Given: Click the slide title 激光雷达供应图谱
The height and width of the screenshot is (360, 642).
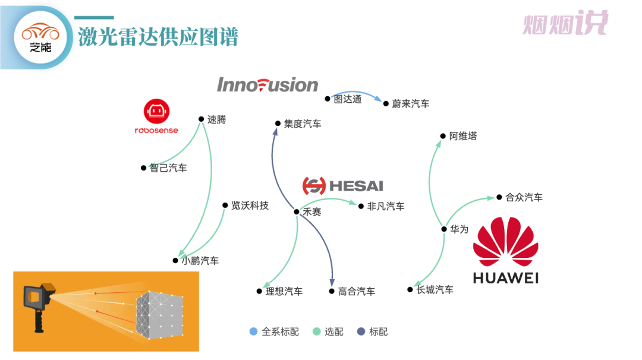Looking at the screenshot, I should [158, 37].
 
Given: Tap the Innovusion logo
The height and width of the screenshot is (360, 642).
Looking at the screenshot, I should [267, 85].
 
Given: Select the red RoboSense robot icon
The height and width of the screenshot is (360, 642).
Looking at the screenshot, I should [157, 111].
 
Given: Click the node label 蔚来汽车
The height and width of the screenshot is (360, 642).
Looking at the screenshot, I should [410, 104].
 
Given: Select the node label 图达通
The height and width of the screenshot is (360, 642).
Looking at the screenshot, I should [347, 99].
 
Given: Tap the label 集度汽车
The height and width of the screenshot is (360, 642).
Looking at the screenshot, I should [302, 124].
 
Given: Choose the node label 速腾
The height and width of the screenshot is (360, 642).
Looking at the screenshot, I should [216, 119].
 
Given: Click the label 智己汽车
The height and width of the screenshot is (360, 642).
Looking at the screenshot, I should [168, 168].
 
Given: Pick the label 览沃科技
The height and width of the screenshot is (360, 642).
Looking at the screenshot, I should [250, 206].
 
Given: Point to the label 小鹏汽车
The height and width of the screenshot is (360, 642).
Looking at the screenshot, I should [200, 260].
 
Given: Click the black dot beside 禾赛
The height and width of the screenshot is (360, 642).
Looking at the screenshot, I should [297, 211].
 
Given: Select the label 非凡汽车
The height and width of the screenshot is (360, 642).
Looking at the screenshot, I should [386, 206].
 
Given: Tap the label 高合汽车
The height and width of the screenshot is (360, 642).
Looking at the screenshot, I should [356, 292].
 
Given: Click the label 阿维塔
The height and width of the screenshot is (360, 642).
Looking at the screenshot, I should [463, 136].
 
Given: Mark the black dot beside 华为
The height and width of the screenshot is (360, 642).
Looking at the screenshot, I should [444, 229].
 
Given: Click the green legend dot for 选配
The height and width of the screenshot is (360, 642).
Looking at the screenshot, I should [317, 331].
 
